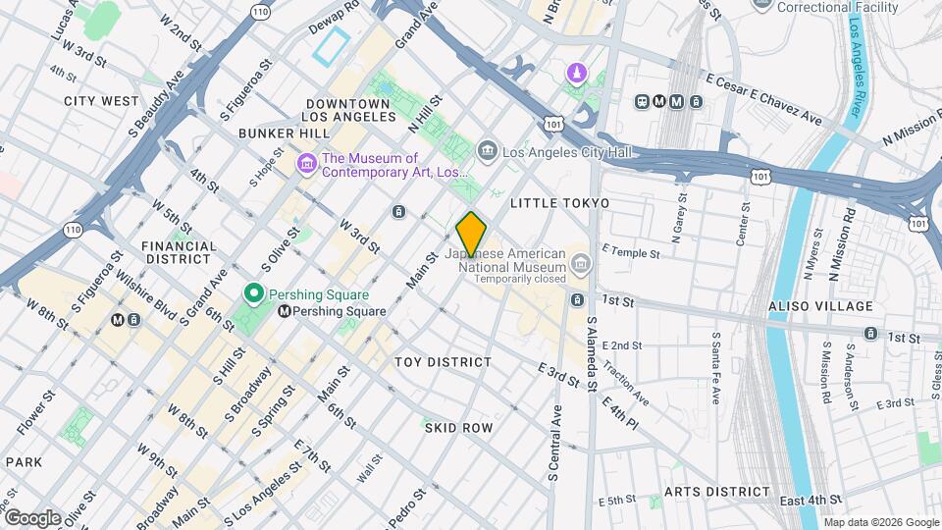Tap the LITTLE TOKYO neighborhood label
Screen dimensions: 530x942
click(x=560, y=202)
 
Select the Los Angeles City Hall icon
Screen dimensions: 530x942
click(x=487, y=151)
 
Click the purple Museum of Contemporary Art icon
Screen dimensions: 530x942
click(x=306, y=164)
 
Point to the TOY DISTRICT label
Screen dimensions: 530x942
click(x=443, y=362)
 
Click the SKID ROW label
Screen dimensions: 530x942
click(x=458, y=428)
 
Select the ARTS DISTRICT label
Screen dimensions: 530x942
click(x=717, y=492)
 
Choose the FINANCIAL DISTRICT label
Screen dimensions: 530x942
click(x=178, y=252)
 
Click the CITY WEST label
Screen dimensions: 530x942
click(x=102, y=100)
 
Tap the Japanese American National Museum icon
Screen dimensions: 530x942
click(x=581, y=263)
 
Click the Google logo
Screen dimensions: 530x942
click(x=32, y=516)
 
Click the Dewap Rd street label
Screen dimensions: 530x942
click(x=335, y=8)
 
